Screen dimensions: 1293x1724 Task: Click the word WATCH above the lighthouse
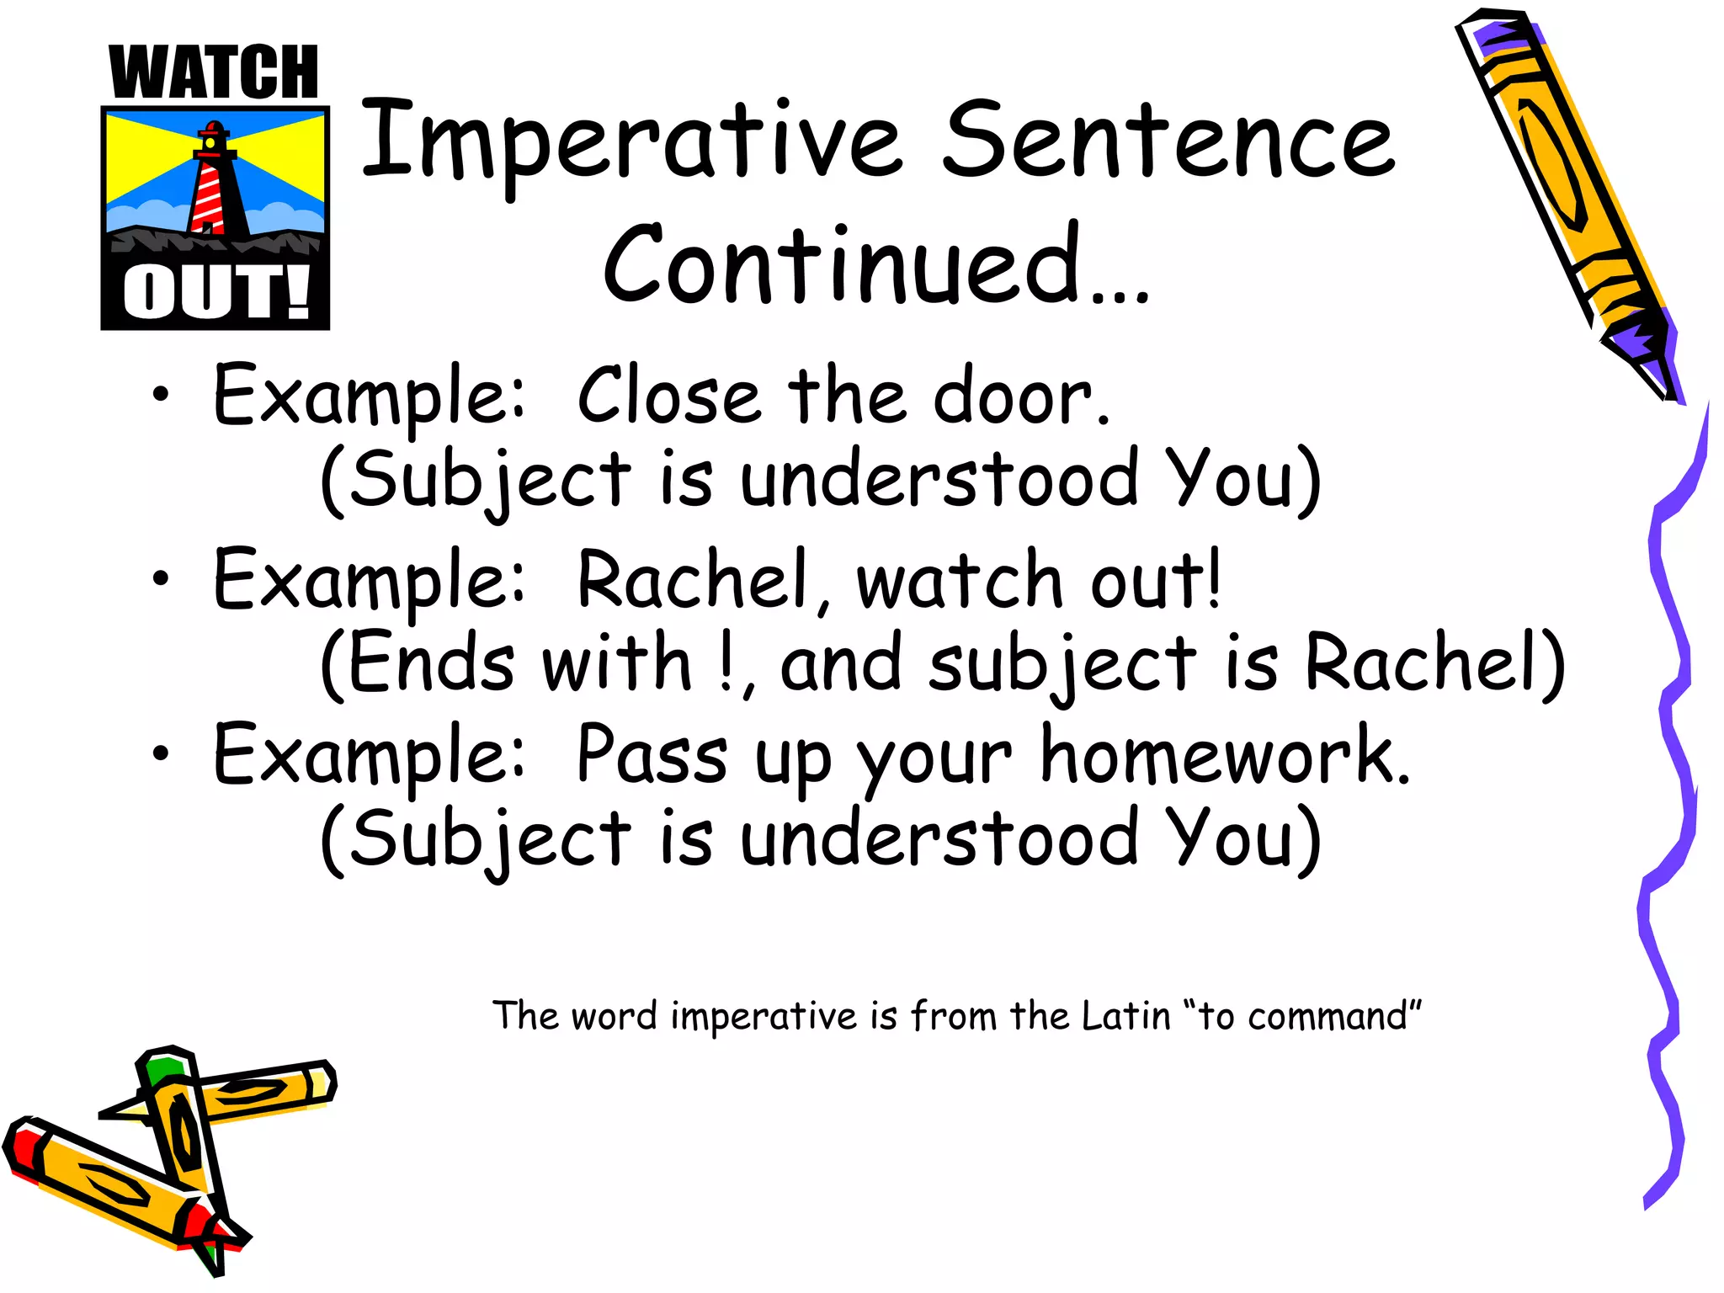214,73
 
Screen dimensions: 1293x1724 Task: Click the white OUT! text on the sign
215,293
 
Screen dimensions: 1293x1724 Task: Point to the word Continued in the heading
842,265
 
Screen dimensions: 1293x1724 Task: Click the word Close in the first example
668,396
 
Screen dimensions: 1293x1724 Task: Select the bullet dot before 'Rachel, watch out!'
161,578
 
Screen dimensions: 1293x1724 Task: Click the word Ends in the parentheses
429,663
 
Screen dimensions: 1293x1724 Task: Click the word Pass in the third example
652,755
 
